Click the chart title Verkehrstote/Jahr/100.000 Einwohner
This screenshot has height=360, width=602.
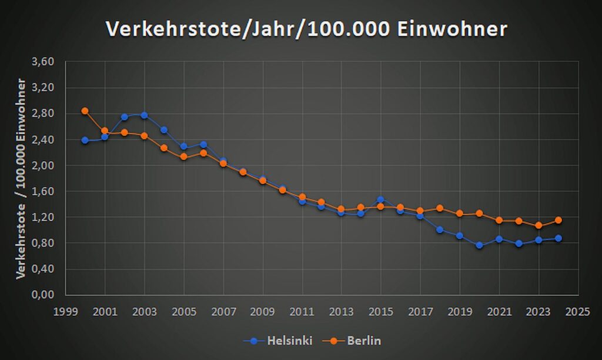[x=306, y=29]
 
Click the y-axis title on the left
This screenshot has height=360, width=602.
[x=22, y=178]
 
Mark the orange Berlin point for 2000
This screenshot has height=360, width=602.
[x=85, y=111]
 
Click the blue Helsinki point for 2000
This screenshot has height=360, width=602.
[x=85, y=140]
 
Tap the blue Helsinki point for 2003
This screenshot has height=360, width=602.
[x=144, y=115]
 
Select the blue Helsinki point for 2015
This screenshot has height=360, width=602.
[x=381, y=199]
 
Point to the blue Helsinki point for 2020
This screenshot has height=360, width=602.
[x=480, y=245]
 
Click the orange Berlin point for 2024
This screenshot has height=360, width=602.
[x=558, y=220]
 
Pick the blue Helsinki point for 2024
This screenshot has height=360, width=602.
[x=558, y=238]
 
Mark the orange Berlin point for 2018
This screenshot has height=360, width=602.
[x=440, y=208]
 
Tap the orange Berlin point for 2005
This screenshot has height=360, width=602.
[x=183, y=156]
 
